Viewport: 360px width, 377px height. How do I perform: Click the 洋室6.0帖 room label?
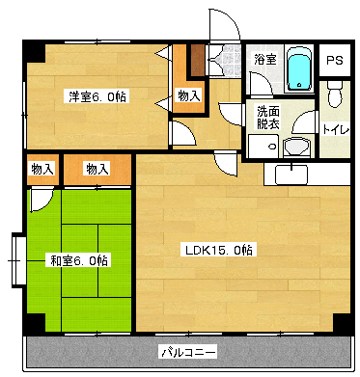[97, 96]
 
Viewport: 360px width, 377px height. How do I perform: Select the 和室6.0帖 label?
[77, 259]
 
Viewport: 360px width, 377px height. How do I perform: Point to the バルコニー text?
[187, 351]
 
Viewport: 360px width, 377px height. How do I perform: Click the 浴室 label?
[264, 60]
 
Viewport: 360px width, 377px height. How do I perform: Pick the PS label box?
[334, 60]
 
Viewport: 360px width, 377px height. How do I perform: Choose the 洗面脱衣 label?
[267, 117]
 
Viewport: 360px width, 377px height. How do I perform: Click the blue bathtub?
[298, 67]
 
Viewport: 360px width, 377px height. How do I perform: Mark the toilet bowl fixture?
[334, 94]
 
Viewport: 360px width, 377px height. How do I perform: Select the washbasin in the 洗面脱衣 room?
[297, 147]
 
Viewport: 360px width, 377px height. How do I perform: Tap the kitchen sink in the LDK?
[291, 175]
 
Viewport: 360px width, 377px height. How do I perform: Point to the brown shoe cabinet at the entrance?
[197, 61]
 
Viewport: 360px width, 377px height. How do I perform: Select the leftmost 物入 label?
[42, 169]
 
